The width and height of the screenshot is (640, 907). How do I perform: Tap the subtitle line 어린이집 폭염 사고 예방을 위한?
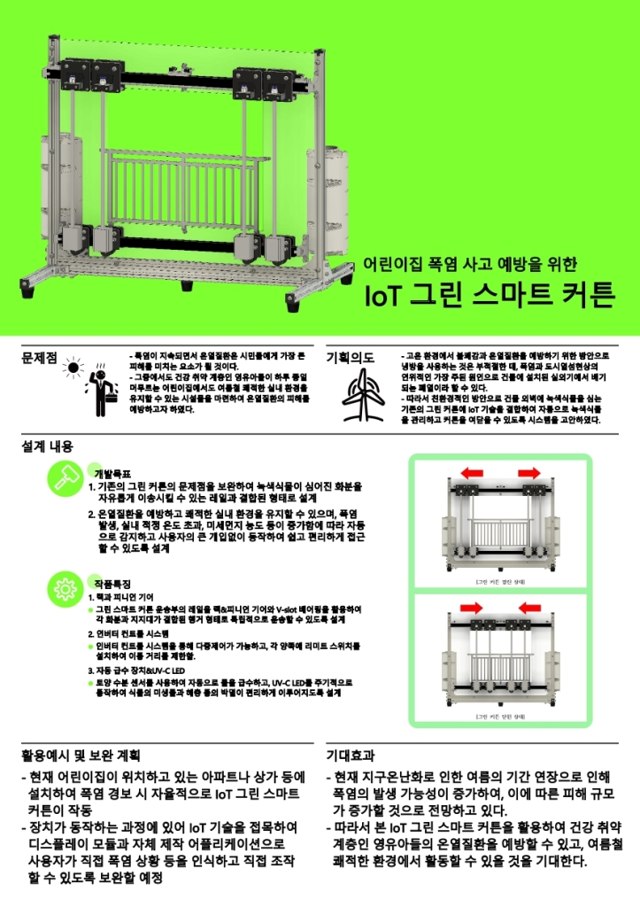[x=470, y=264]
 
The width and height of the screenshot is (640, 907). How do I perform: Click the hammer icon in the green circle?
[x=64, y=478]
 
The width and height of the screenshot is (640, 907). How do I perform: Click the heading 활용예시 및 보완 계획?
[x=81, y=756]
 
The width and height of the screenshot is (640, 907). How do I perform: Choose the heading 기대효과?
[x=351, y=756]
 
